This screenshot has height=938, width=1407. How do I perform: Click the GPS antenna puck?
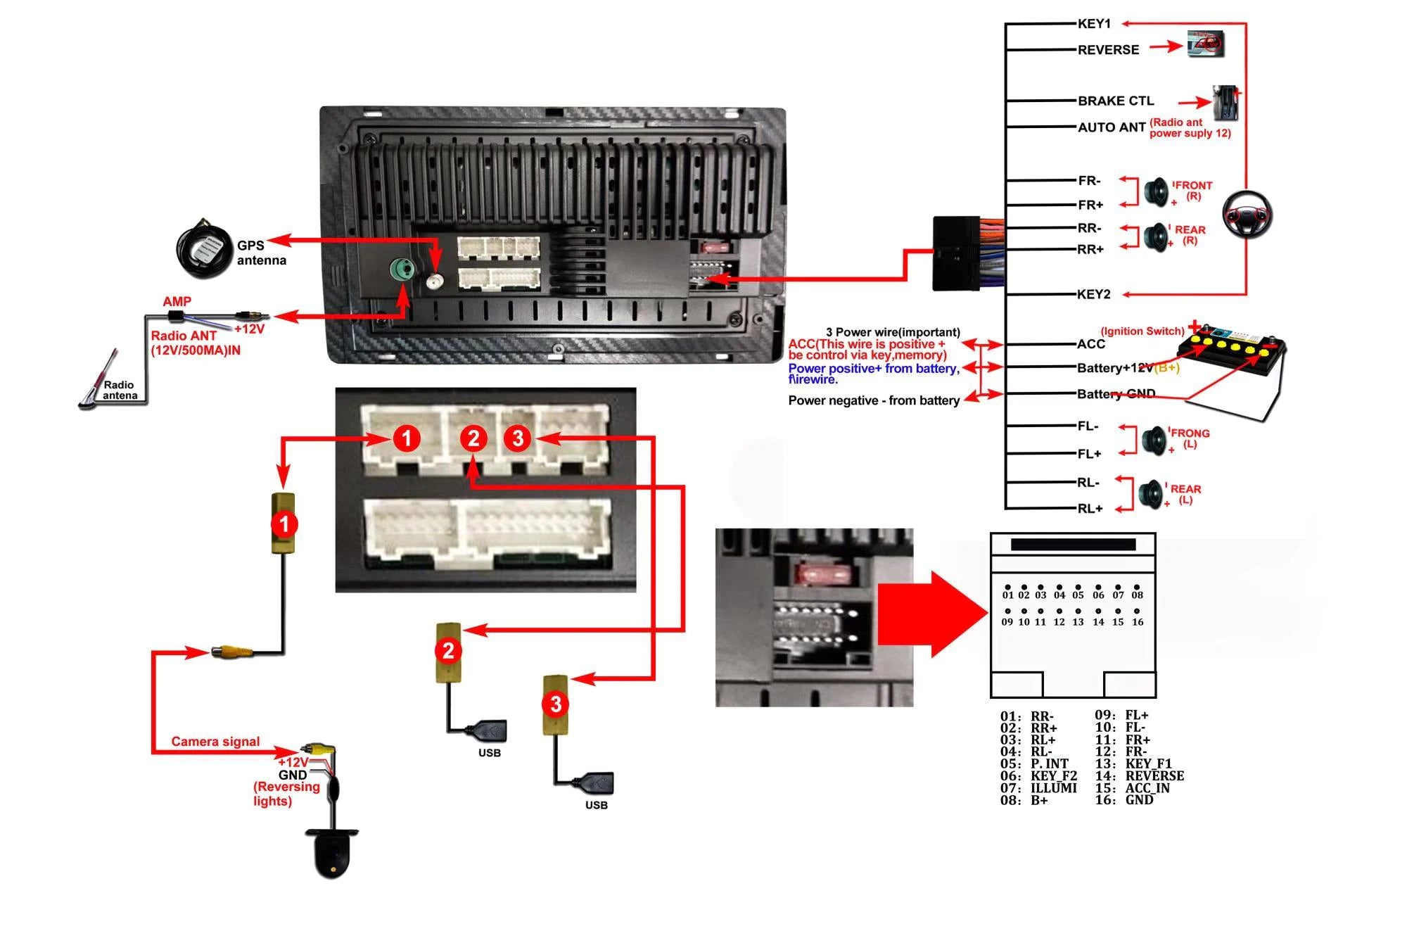pos(203,248)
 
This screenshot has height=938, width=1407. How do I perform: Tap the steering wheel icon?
pos(1247,214)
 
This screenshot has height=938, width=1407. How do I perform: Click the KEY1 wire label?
pos(1094,24)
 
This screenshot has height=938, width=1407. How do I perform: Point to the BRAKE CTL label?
pos(1116,101)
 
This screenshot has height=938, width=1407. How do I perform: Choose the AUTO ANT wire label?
pos(1112,127)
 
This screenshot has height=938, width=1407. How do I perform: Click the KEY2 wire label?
pos(1093,294)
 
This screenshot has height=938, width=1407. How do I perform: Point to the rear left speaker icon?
pos(1152,495)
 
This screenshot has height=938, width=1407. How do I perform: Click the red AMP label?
pos(177,302)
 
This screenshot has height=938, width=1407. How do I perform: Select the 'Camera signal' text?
pos(215,742)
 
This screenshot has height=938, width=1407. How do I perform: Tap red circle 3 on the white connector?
pos(518,438)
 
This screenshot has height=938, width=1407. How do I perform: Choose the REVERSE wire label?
pos(1108,50)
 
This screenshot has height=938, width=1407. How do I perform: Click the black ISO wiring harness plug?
pos(956,253)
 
